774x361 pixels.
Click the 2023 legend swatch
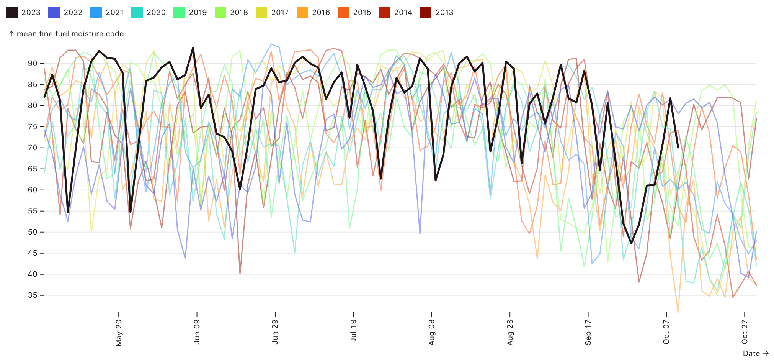(12, 12)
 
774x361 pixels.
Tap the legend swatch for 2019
(179, 12)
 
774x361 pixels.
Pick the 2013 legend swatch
(426, 12)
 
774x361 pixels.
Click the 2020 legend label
(156, 12)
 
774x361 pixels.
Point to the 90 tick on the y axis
(33, 64)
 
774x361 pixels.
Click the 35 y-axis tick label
(33, 295)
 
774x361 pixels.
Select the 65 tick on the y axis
(33, 169)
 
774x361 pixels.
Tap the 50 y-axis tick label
(33, 232)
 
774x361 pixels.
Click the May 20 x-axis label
(119, 333)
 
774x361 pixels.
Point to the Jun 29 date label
(275, 331)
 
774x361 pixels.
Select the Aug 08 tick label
(432, 332)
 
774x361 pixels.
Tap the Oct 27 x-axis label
(745, 332)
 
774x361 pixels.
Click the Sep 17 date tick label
(588, 332)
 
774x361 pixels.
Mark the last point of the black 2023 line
(678, 147)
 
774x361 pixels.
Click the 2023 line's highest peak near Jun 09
(193, 48)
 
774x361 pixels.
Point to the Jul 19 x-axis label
(353, 330)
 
